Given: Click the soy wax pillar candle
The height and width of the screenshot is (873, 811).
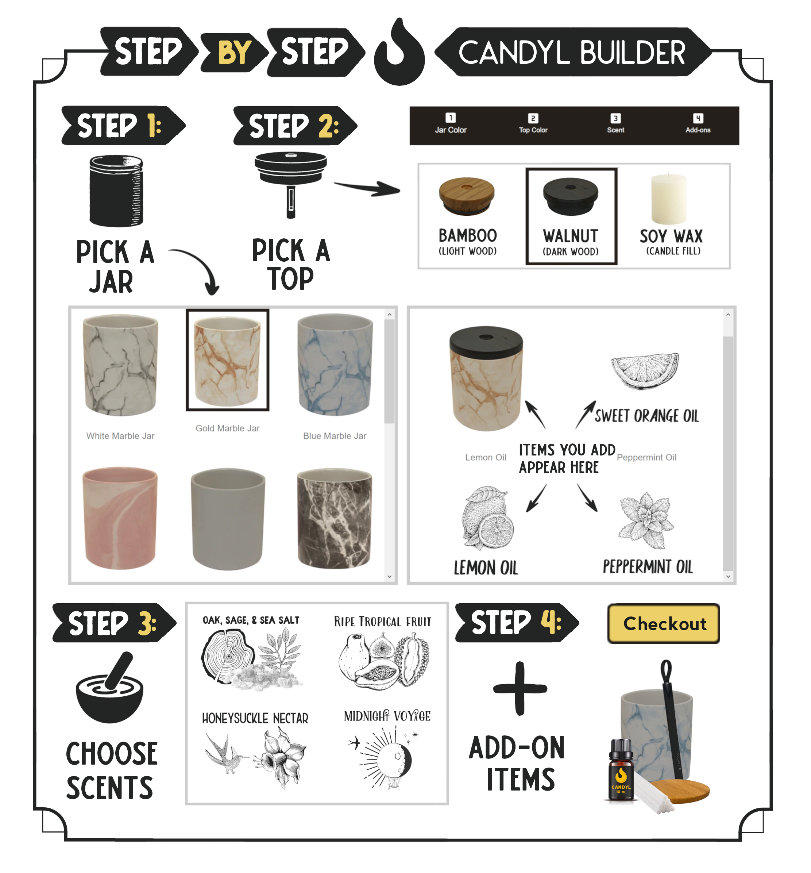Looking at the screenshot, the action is click(x=669, y=199).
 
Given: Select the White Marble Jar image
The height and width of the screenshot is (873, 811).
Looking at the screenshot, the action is click(x=120, y=365).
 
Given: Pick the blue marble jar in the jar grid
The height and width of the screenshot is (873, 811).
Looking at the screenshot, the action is click(x=335, y=364).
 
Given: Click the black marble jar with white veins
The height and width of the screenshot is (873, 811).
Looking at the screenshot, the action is click(x=335, y=518).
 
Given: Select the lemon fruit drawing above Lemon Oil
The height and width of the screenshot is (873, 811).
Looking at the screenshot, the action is click(x=487, y=518).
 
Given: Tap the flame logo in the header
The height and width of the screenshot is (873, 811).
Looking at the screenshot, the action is click(x=399, y=52).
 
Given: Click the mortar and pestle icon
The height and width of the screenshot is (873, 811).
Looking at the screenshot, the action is click(x=110, y=687).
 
